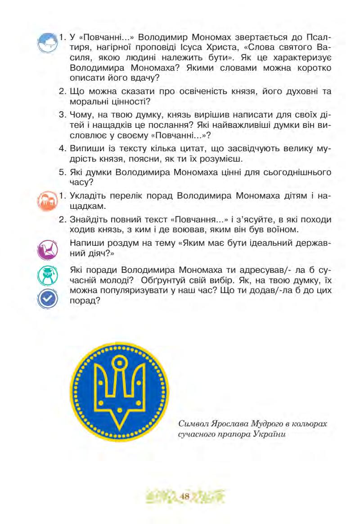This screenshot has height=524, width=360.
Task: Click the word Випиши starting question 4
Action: click(86, 147)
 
